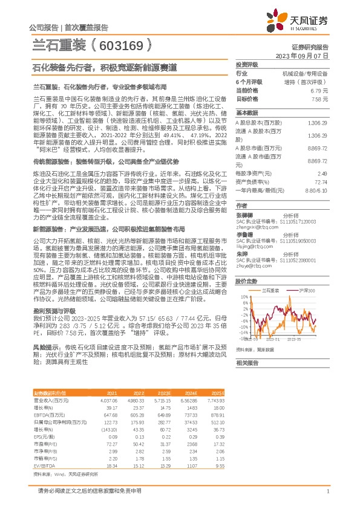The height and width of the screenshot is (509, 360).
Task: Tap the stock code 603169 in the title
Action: coord(128,45)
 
